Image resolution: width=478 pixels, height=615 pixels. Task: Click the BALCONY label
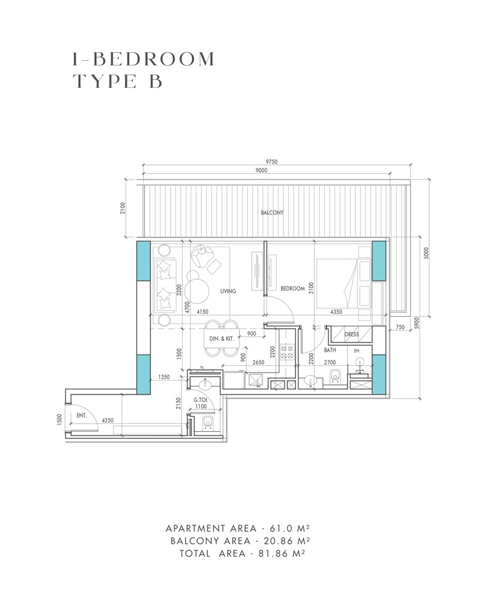click(x=272, y=213)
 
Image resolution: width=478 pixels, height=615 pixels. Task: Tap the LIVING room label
click(x=228, y=292)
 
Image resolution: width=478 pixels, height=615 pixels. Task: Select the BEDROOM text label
click(x=293, y=288)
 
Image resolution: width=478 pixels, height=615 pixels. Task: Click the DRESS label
click(x=351, y=335)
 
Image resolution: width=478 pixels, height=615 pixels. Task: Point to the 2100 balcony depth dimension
click(x=123, y=210)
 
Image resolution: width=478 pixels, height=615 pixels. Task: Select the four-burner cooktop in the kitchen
click(x=287, y=351)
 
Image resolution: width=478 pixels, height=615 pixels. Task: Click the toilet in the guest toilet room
click(x=207, y=422)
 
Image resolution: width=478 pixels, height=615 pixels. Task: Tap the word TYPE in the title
click(x=103, y=81)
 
